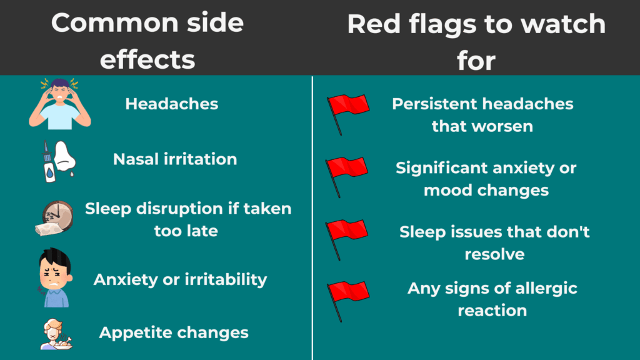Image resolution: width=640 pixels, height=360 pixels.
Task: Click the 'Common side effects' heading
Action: (147, 41)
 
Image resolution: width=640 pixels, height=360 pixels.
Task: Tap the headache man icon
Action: (59, 104)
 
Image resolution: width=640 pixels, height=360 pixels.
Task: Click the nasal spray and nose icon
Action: (58, 161)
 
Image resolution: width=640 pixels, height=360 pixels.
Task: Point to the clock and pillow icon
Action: (54, 218)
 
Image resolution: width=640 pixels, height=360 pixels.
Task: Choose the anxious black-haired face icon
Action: (55, 277)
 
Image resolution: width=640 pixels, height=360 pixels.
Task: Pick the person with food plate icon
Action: (56, 334)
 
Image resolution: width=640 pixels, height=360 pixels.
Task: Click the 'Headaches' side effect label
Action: (172, 104)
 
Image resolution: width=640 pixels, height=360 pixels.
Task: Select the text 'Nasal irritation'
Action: (175, 159)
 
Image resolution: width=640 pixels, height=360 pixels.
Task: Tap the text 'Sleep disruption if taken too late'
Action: (188, 219)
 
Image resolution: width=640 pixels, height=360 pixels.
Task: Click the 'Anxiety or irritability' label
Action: (180, 279)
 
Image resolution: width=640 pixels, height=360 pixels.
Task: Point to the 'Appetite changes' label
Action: (174, 332)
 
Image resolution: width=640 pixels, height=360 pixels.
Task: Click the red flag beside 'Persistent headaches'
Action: (347, 114)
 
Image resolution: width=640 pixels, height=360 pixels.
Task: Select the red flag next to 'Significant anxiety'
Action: (346, 177)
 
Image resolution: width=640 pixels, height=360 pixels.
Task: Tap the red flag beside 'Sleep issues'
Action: (346, 239)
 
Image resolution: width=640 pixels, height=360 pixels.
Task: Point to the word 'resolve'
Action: (495, 254)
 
